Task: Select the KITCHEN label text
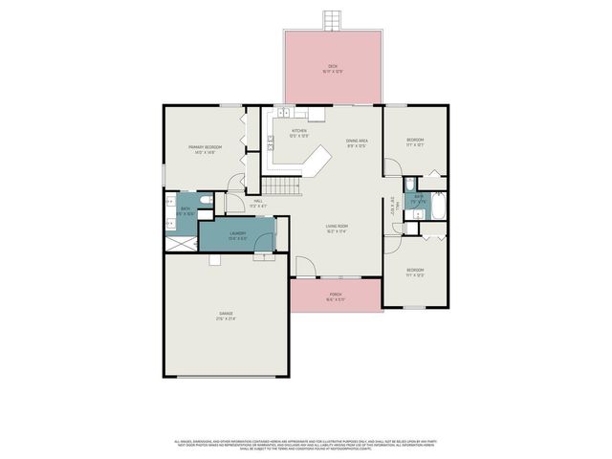tap(299, 132)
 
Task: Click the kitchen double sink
tap(287, 113)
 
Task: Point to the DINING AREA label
tap(358, 142)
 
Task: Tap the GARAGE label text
tap(226, 315)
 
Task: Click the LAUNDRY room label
tap(238, 235)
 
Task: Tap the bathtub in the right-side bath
tap(439, 205)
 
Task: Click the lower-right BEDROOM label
tap(415, 272)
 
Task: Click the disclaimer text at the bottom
tap(305, 445)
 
